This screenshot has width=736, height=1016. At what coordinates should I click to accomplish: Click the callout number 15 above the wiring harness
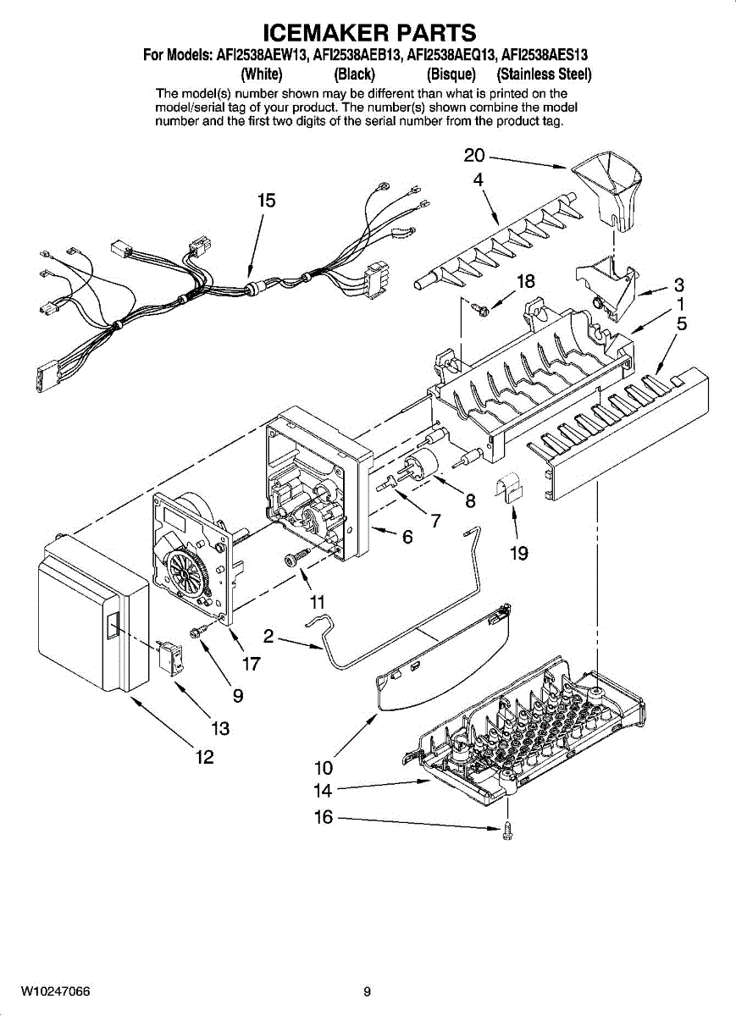coord(267,201)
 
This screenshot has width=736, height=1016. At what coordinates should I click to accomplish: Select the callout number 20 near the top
coord(474,155)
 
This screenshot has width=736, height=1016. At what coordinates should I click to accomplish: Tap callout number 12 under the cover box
coord(204,757)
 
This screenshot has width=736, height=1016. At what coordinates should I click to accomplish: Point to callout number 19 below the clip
coord(519,554)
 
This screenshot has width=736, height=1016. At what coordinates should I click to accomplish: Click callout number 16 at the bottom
coord(324,818)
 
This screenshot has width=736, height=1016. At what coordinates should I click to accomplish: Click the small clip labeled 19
coord(510,489)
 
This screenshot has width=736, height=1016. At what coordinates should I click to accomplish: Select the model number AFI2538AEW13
coord(262,56)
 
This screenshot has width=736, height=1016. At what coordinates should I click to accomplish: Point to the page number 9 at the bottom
coord(367,991)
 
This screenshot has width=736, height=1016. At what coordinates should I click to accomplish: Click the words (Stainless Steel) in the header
coord(544,74)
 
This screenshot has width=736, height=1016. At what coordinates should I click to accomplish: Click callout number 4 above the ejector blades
coord(478,179)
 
